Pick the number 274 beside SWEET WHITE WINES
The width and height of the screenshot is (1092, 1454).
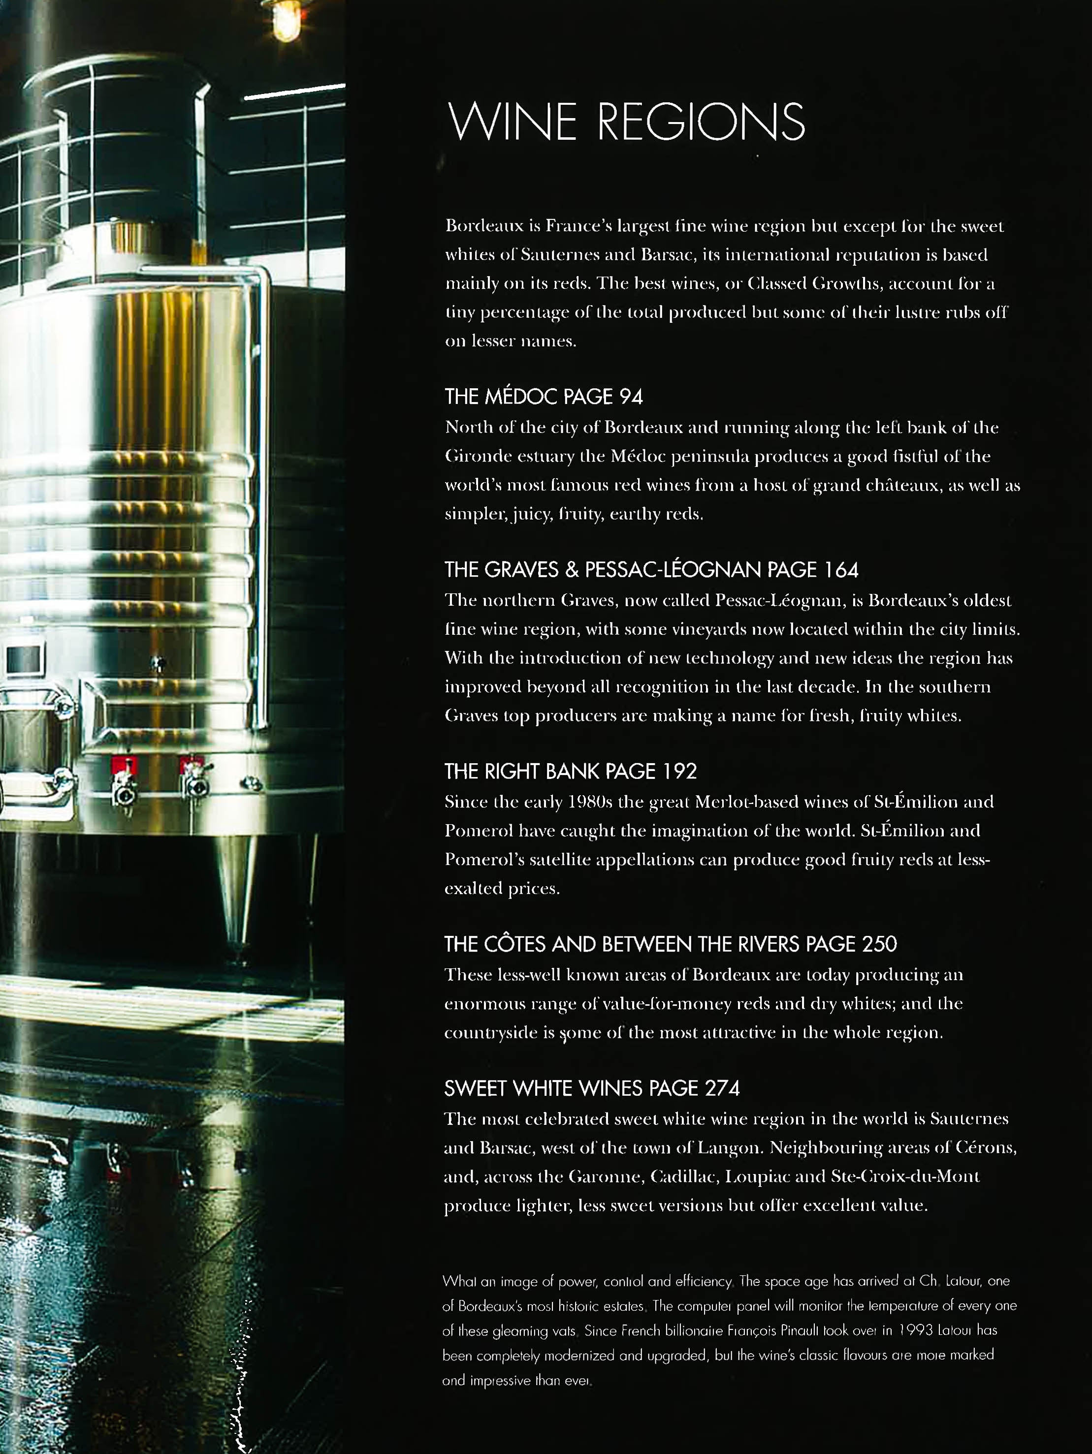coord(722,1088)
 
